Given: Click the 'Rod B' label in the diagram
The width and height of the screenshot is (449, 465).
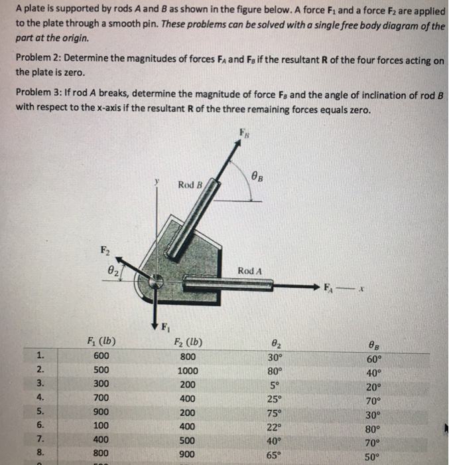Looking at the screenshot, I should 190,184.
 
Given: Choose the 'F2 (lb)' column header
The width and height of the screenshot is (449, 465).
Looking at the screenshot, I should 189,343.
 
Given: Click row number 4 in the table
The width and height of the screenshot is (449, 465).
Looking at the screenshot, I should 40,397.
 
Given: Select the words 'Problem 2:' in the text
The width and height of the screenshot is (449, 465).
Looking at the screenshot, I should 38,60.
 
